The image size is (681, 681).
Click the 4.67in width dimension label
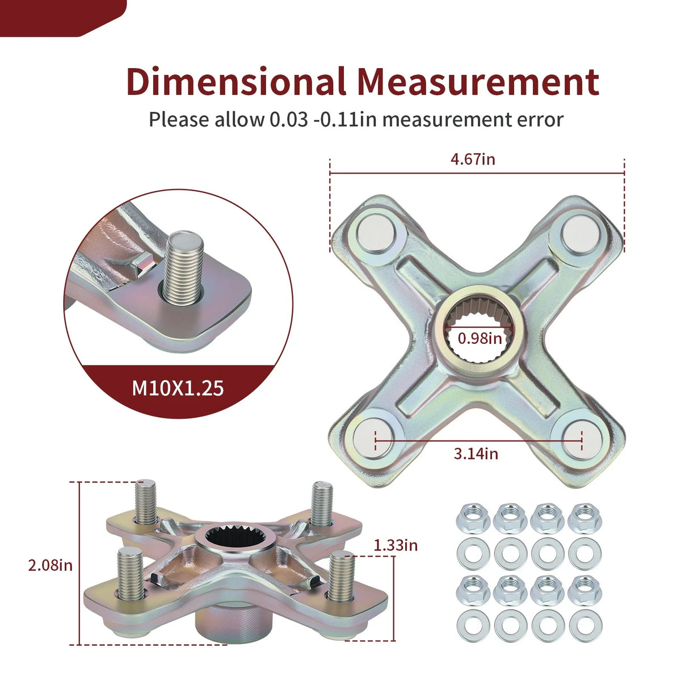click(x=473, y=159)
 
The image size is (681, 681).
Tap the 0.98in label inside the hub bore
click(x=480, y=338)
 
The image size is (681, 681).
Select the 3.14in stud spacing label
click(x=476, y=453)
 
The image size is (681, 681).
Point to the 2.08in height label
click(x=51, y=565)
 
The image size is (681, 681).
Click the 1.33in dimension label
click(x=396, y=545)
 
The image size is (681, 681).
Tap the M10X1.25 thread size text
click(x=178, y=388)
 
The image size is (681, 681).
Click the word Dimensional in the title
click(x=236, y=81)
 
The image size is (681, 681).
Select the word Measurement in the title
click(x=478, y=82)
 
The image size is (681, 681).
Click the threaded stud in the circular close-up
click(x=183, y=267)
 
